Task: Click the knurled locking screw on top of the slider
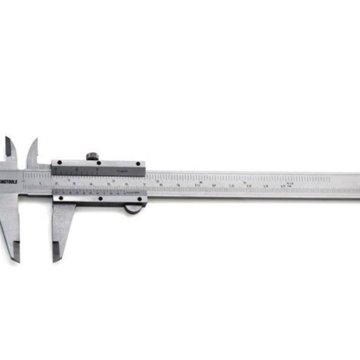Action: click(x=91, y=156)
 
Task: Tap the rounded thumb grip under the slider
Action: click(x=133, y=209)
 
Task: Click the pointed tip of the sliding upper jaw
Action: click(x=33, y=140)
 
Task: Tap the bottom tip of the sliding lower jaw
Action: click(x=55, y=259)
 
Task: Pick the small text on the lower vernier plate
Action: click(x=122, y=192)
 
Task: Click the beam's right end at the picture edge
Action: click(x=356, y=185)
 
